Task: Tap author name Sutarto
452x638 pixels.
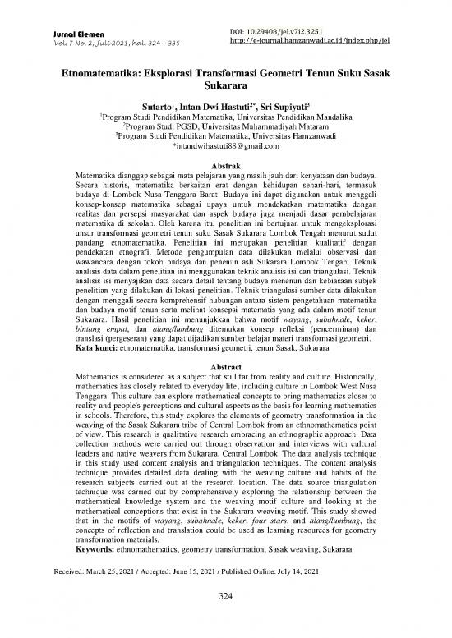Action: pyautogui.click(x=171, y=107)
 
